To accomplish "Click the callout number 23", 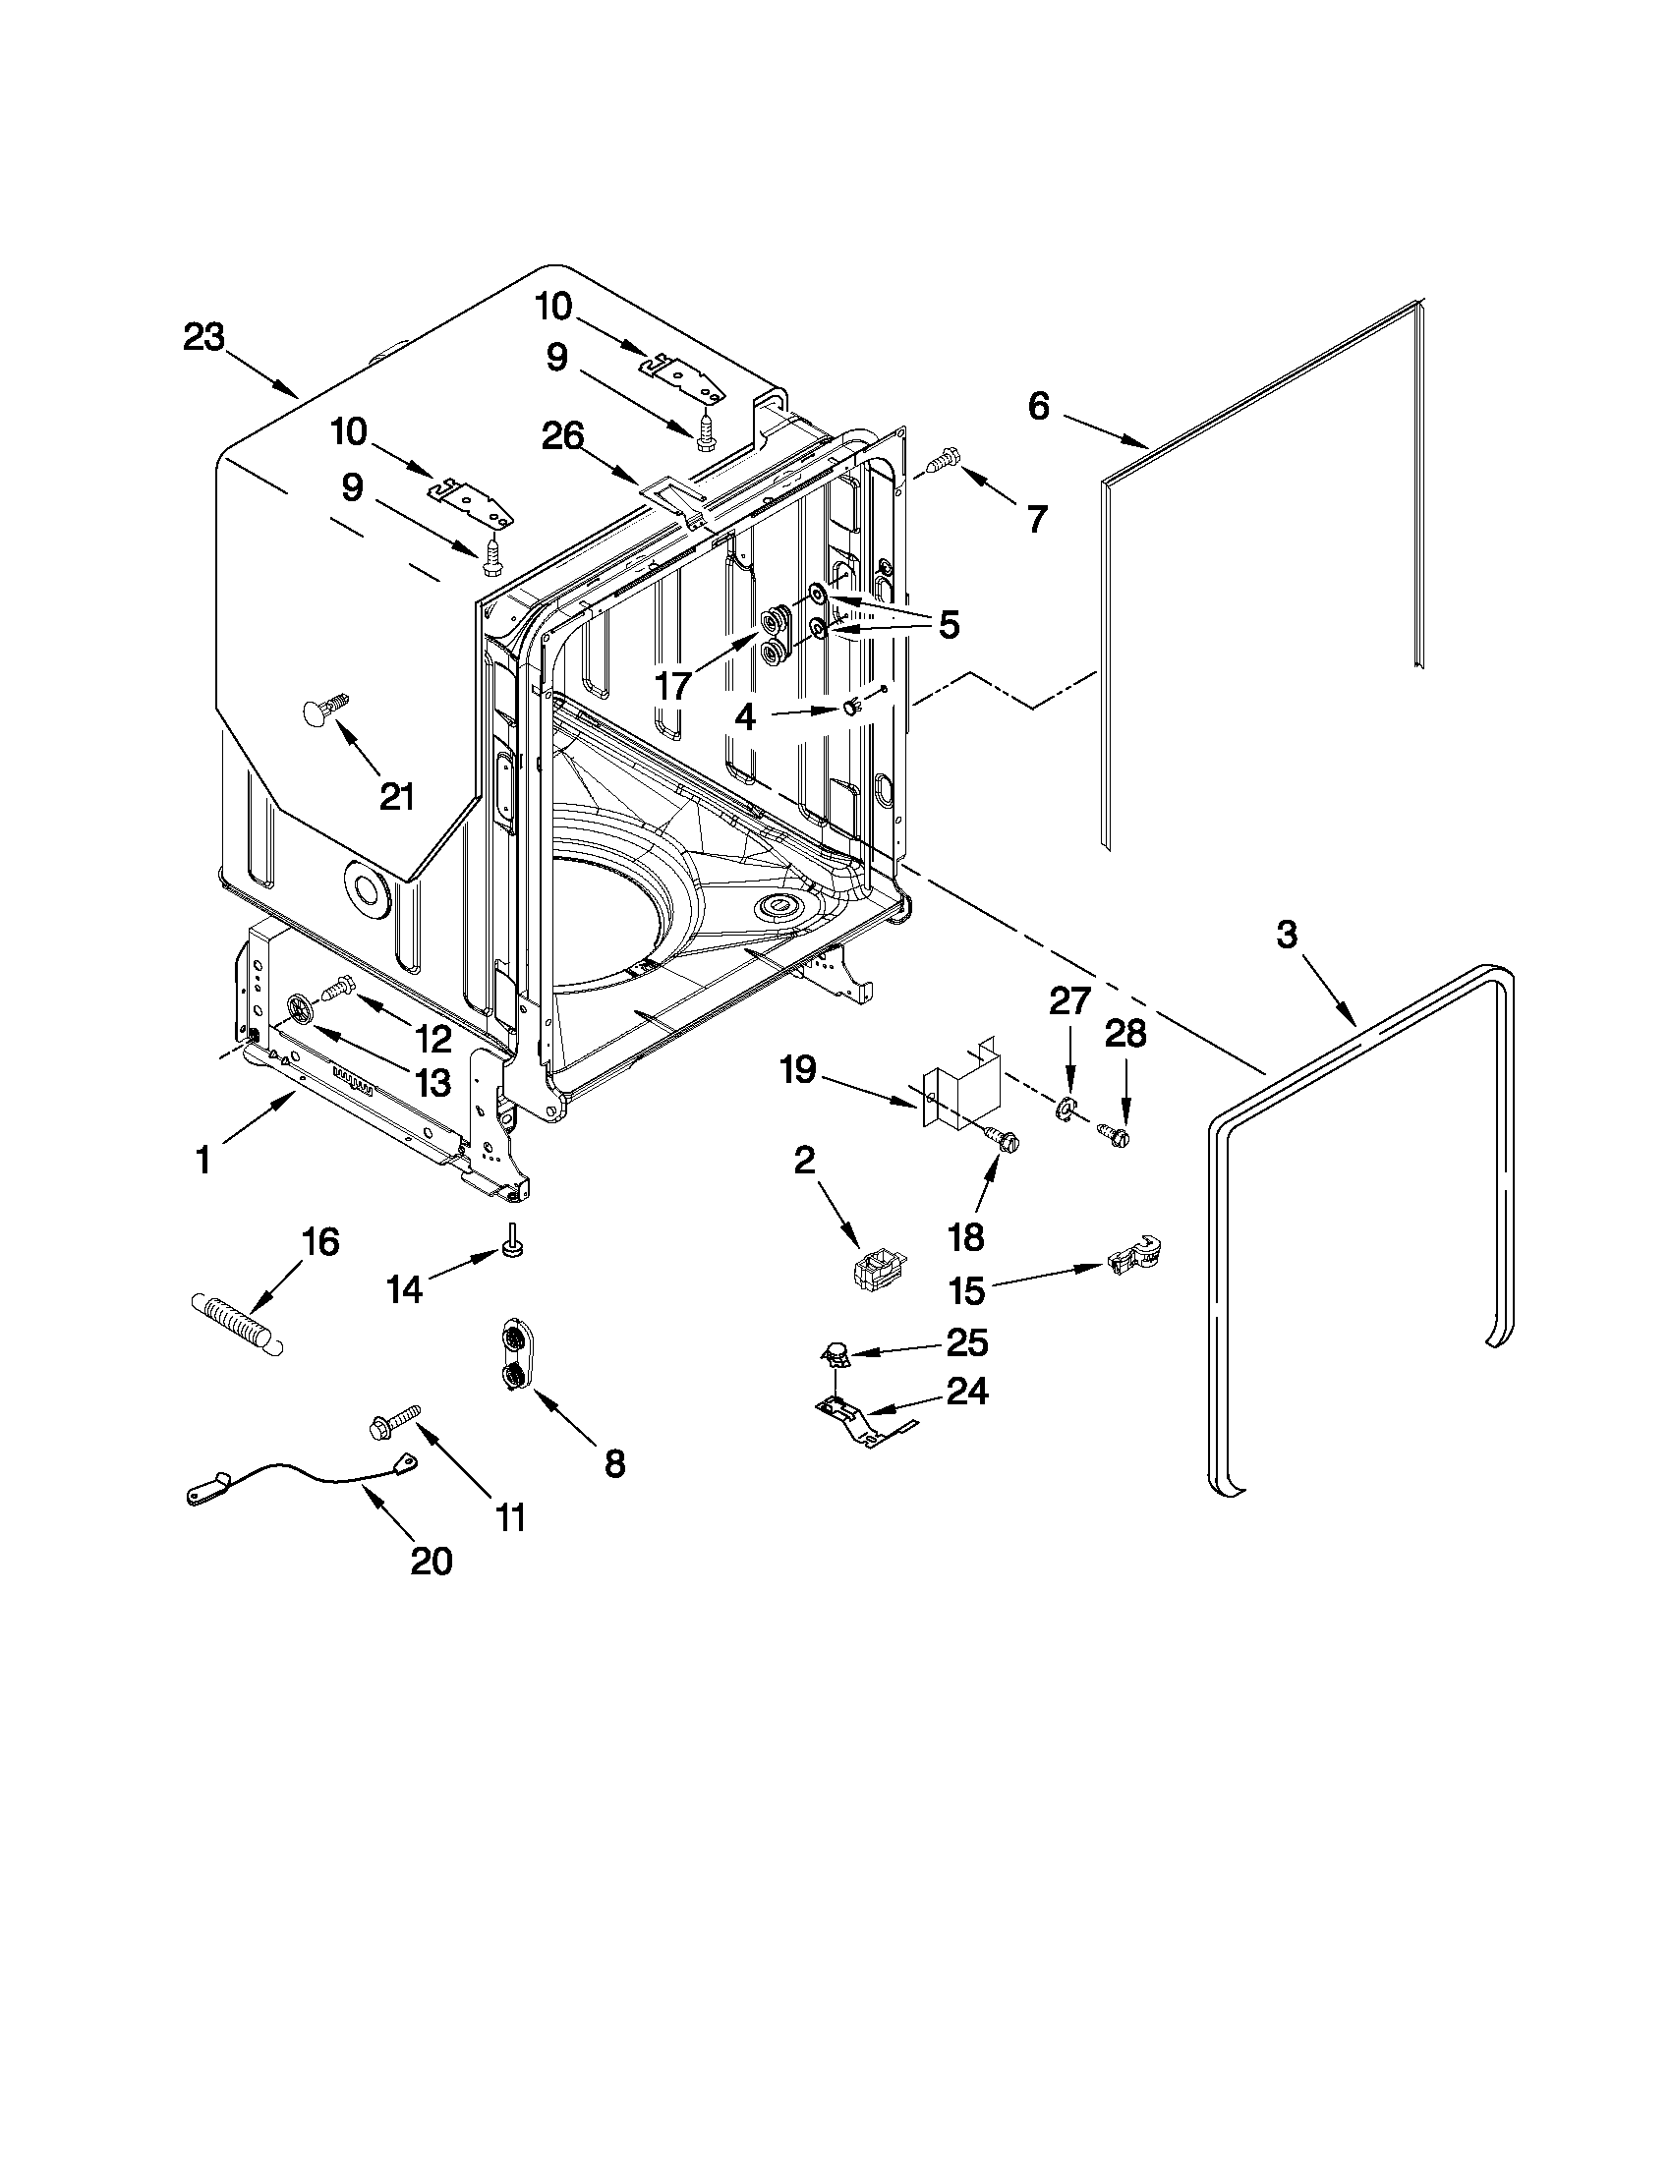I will click(x=204, y=338).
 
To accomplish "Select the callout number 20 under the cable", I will click(x=431, y=1561).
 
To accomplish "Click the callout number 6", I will click(x=1038, y=406).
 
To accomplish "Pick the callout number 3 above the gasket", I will click(x=1286, y=934).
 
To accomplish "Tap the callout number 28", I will click(x=1124, y=1034).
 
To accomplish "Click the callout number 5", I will click(x=948, y=625).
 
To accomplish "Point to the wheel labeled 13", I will click(x=299, y=1010).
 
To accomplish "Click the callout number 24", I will click(x=967, y=1392).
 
